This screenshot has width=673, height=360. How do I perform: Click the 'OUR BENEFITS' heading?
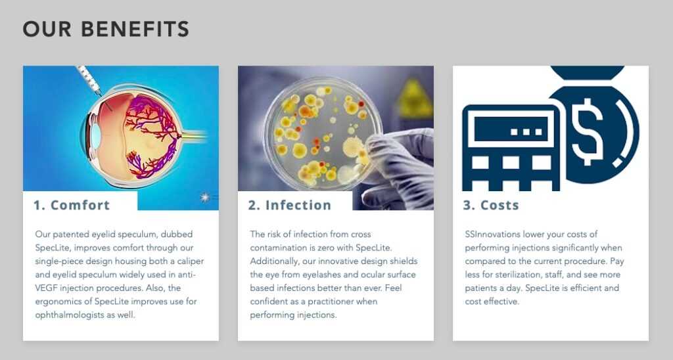pyautogui.click(x=106, y=29)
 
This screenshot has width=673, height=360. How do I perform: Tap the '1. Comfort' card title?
pyautogui.click(x=72, y=205)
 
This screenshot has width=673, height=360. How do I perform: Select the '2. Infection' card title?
pyautogui.click(x=290, y=205)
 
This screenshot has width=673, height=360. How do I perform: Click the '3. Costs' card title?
pyautogui.click(x=491, y=205)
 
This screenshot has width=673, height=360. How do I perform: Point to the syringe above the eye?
pyautogui.click(x=89, y=79)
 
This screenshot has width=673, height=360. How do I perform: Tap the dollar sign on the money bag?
pyautogui.click(x=588, y=131)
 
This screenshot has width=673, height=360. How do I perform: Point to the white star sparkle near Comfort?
pyautogui.click(x=205, y=197)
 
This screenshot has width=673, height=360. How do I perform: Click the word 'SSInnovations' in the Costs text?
pyautogui.click(x=493, y=235)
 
